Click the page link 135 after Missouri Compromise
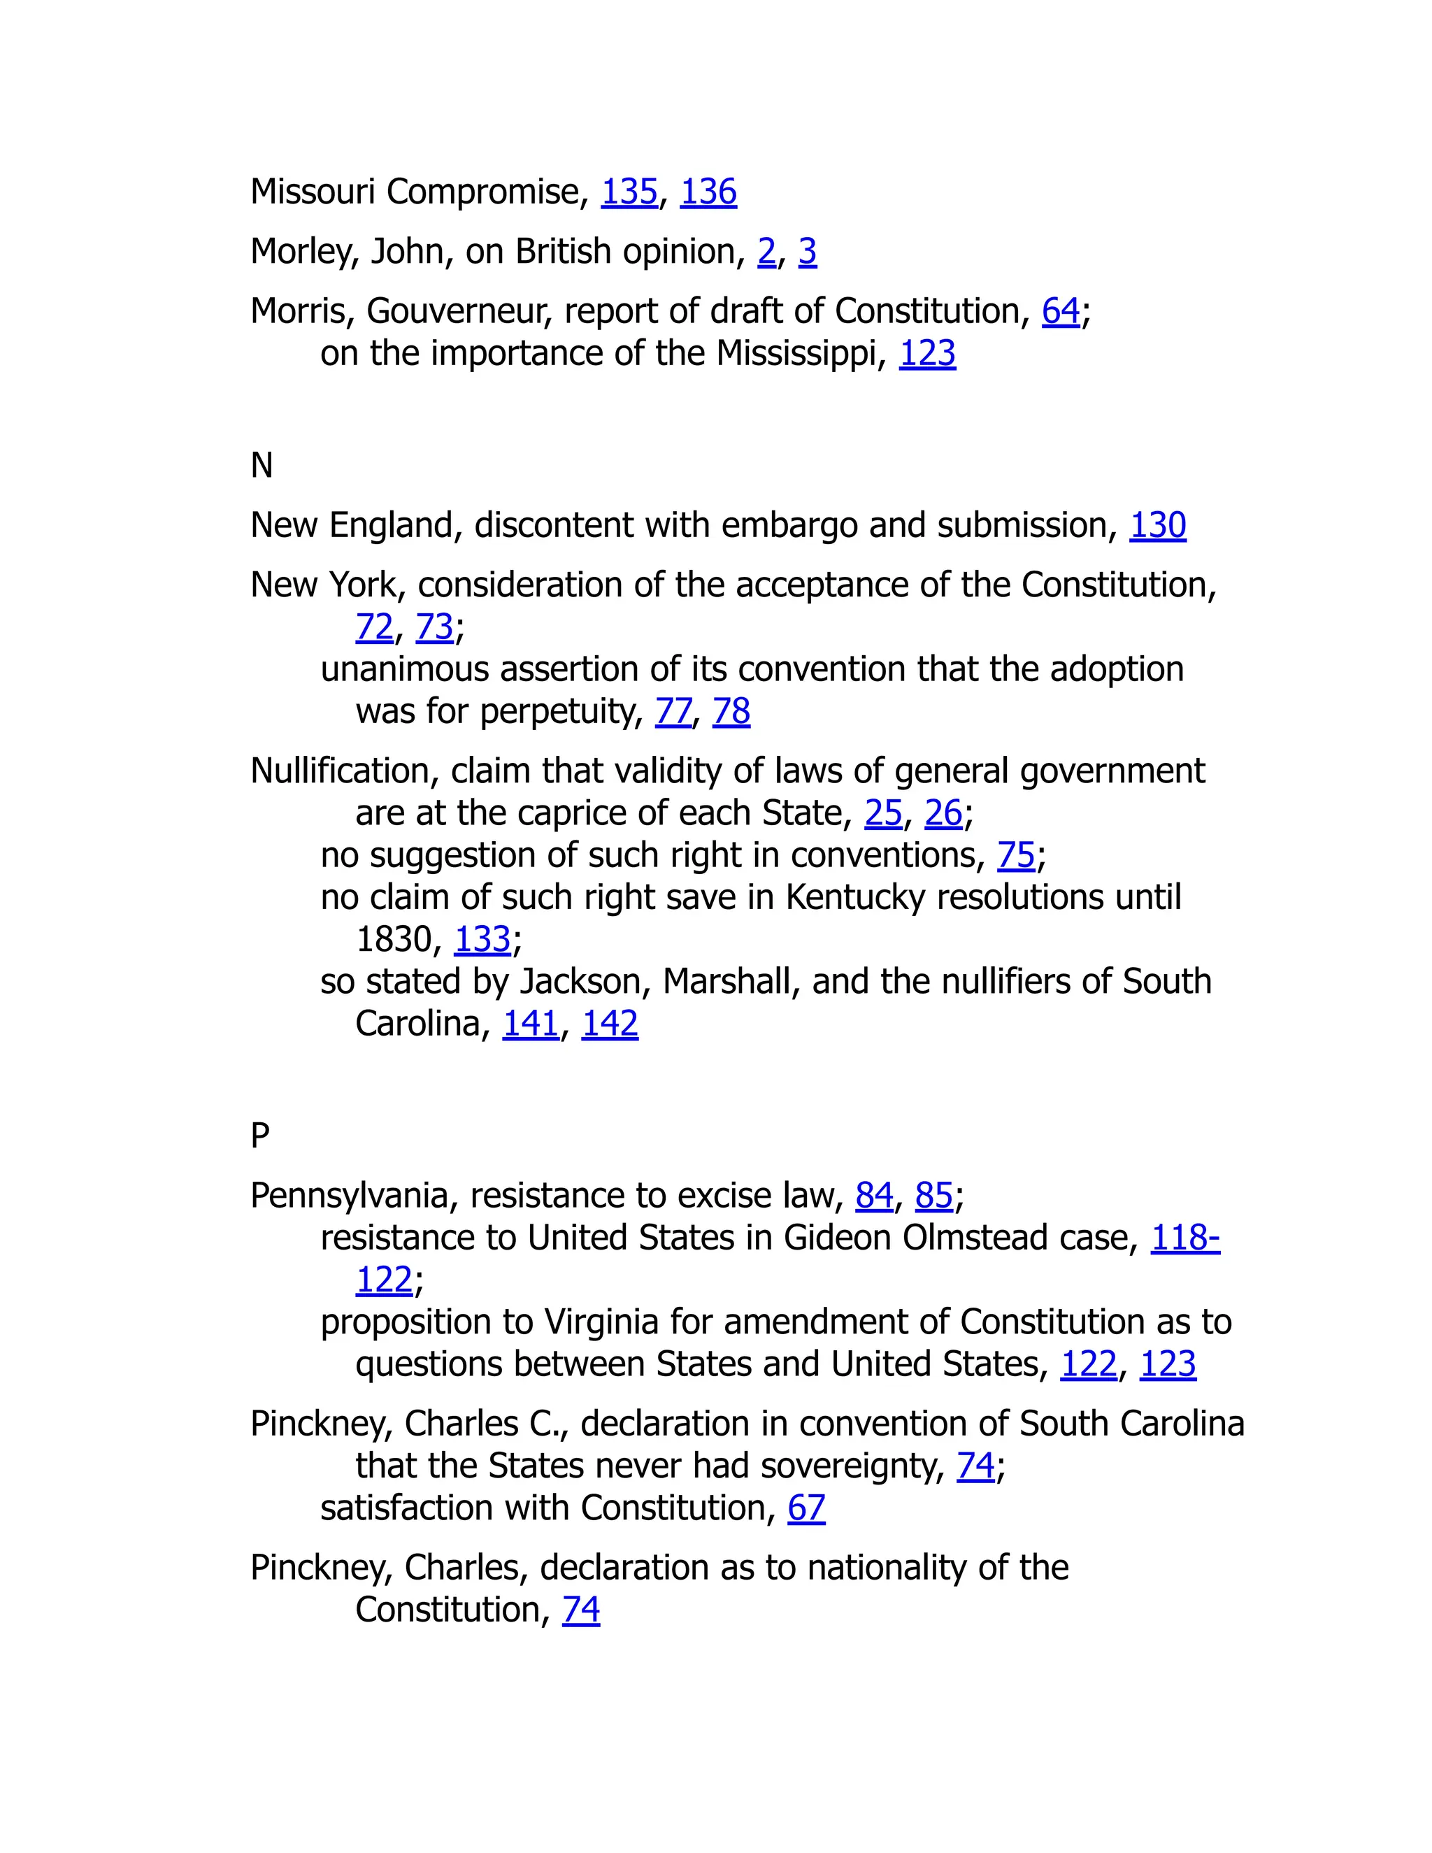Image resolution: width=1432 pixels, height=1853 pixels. click(x=629, y=192)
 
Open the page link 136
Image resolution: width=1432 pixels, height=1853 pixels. click(x=708, y=192)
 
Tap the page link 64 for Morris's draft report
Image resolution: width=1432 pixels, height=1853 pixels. click(x=1061, y=311)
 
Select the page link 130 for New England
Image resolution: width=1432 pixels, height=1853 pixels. click(x=1157, y=525)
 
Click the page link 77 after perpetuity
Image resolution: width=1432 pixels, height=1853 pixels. click(x=673, y=711)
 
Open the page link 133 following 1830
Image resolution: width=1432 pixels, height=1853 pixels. click(x=482, y=939)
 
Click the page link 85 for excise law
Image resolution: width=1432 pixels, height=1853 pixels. click(x=934, y=1196)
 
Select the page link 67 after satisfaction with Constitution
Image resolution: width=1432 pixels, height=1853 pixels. click(x=806, y=1508)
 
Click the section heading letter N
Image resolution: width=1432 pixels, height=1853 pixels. click(x=262, y=465)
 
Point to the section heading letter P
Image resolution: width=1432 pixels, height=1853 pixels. click(x=259, y=1135)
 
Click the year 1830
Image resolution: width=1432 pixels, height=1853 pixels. click(x=394, y=939)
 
